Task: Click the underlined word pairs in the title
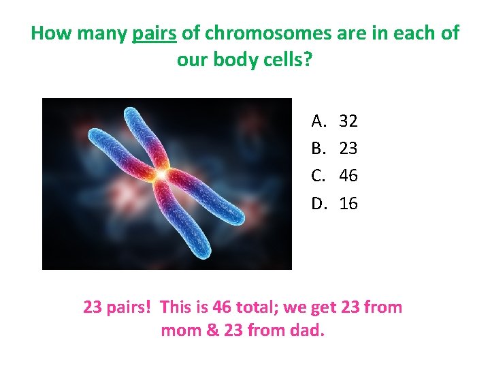(x=152, y=33)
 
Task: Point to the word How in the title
(x=48, y=33)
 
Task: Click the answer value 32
(x=348, y=121)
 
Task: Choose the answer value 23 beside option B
(x=348, y=149)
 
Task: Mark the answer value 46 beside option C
(x=348, y=176)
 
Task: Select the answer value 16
(x=348, y=203)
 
